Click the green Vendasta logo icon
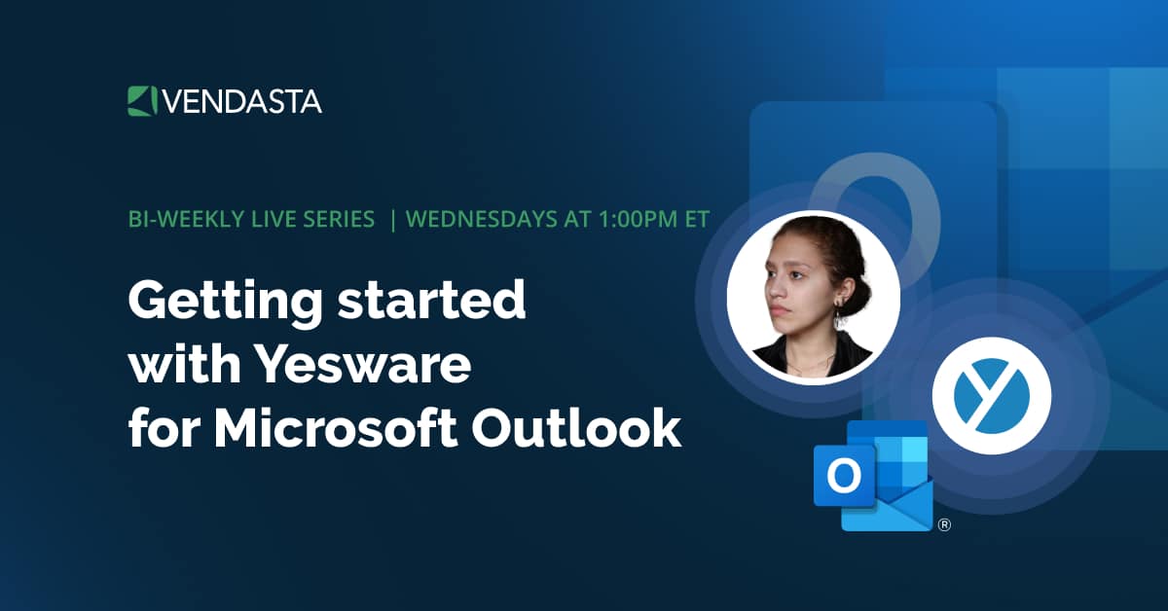[142, 101]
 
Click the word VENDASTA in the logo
[242, 101]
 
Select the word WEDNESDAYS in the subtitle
[481, 219]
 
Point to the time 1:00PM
[639, 219]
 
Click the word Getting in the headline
[226, 303]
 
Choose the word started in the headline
[432, 301]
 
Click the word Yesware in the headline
[365, 364]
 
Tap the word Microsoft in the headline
[336, 428]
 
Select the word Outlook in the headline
[576, 428]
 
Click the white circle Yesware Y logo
[991, 396]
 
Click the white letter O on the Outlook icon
[844, 476]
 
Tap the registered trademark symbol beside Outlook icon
[944, 524]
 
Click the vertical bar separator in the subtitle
[392, 220]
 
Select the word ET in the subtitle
[697, 219]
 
